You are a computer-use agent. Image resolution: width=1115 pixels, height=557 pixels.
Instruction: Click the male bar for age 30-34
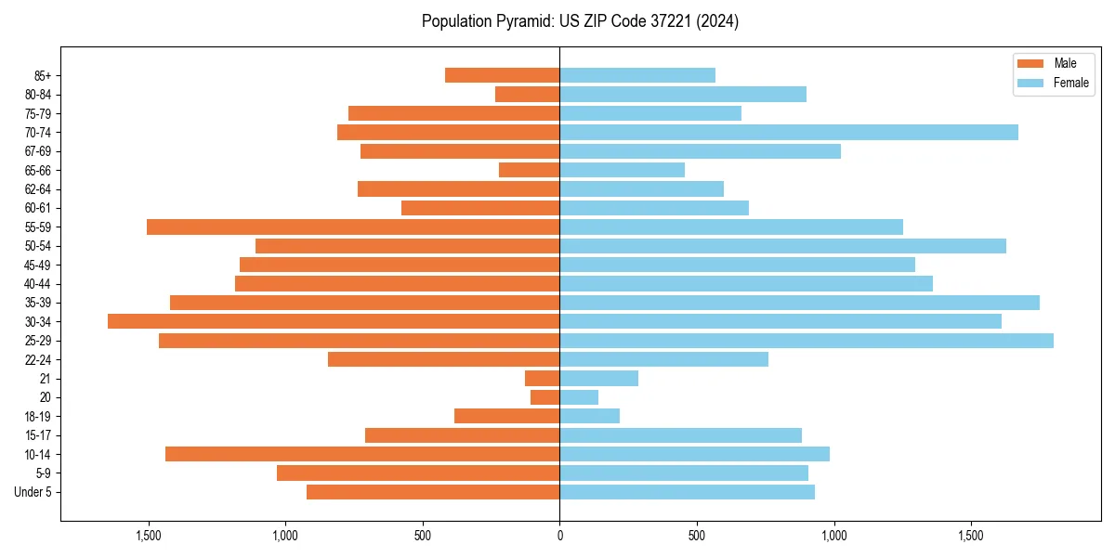pyautogui.click(x=334, y=321)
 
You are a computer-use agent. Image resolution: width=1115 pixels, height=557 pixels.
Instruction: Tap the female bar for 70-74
pyautogui.click(x=789, y=132)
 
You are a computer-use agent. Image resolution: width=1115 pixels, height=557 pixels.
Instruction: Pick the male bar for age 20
pyautogui.click(x=545, y=397)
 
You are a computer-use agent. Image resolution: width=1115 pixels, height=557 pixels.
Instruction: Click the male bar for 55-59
pyautogui.click(x=353, y=227)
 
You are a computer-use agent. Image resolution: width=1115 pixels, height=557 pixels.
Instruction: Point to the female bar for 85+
pyautogui.click(x=637, y=75)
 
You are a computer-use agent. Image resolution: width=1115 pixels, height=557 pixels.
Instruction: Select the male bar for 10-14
pyautogui.click(x=362, y=454)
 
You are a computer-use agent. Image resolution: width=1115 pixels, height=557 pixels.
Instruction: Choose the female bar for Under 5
pyautogui.click(x=687, y=492)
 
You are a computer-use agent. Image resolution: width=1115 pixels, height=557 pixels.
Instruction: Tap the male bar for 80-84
pyautogui.click(x=528, y=94)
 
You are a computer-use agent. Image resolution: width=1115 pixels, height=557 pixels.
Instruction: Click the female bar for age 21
pyautogui.click(x=598, y=379)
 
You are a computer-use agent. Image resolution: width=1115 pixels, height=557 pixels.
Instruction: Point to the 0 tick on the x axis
pyautogui.click(x=559, y=536)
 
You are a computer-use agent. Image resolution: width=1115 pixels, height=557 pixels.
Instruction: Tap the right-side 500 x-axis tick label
pyautogui.click(x=697, y=536)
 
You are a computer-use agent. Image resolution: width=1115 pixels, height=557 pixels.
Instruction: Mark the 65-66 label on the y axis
pyautogui.click(x=37, y=170)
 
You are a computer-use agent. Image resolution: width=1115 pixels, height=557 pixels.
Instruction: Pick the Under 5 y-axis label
pyautogui.click(x=33, y=492)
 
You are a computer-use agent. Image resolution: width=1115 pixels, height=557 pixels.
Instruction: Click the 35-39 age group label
pyautogui.click(x=37, y=303)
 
